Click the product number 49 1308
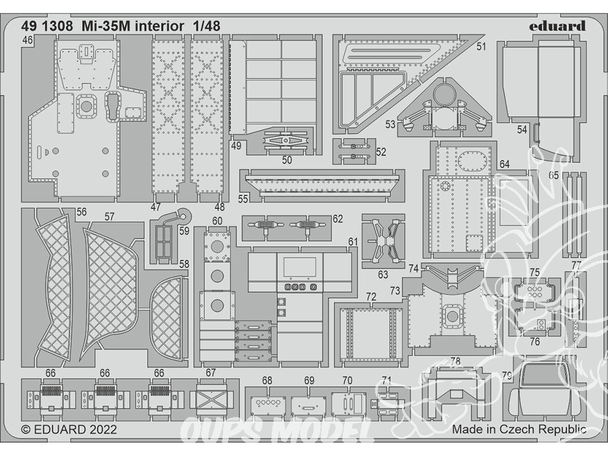point(47,26)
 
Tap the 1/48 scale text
point(206,26)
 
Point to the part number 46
point(27,40)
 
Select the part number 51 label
point(481,47)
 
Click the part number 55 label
point(243,199)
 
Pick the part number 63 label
point(382,275)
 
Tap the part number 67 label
point(210,373)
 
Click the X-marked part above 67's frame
point(212,398)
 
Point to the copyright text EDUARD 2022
point(69,430)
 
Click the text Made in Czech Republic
point(519,429)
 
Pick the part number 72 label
point(371,297)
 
